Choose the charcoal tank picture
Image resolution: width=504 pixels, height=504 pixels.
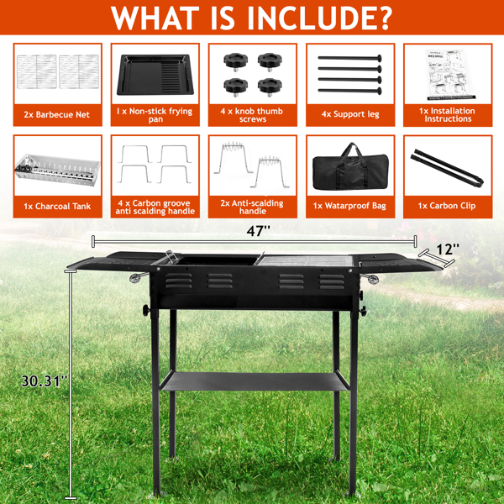(x=57, y=172)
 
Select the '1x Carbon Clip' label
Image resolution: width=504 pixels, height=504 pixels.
(x=446, y=205)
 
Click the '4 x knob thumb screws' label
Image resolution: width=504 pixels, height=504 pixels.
(x=252, y=115)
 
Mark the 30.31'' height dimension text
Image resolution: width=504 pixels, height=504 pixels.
(x=43, y=381)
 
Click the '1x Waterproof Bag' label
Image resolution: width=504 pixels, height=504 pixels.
(x=349, y=205)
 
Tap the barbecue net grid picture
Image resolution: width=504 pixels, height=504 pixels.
(x=57, y=71)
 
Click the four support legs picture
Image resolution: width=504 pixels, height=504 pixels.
(x=349, y=72)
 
